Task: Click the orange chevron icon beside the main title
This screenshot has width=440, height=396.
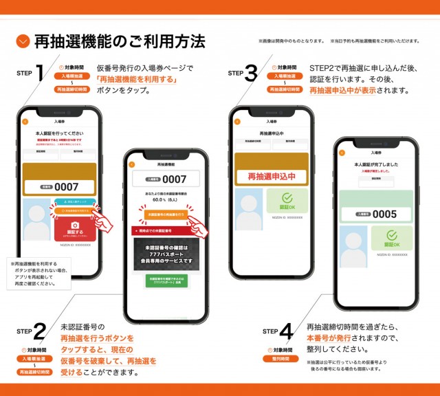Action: (x=23, y=42)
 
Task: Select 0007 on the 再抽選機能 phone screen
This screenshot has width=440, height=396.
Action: (x=167, y=179)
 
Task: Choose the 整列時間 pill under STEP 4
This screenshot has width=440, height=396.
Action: (x=283, y=358)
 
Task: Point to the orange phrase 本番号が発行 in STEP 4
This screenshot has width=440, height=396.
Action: (x=330, y=338)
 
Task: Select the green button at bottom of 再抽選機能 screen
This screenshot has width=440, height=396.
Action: (x=167, y=281)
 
